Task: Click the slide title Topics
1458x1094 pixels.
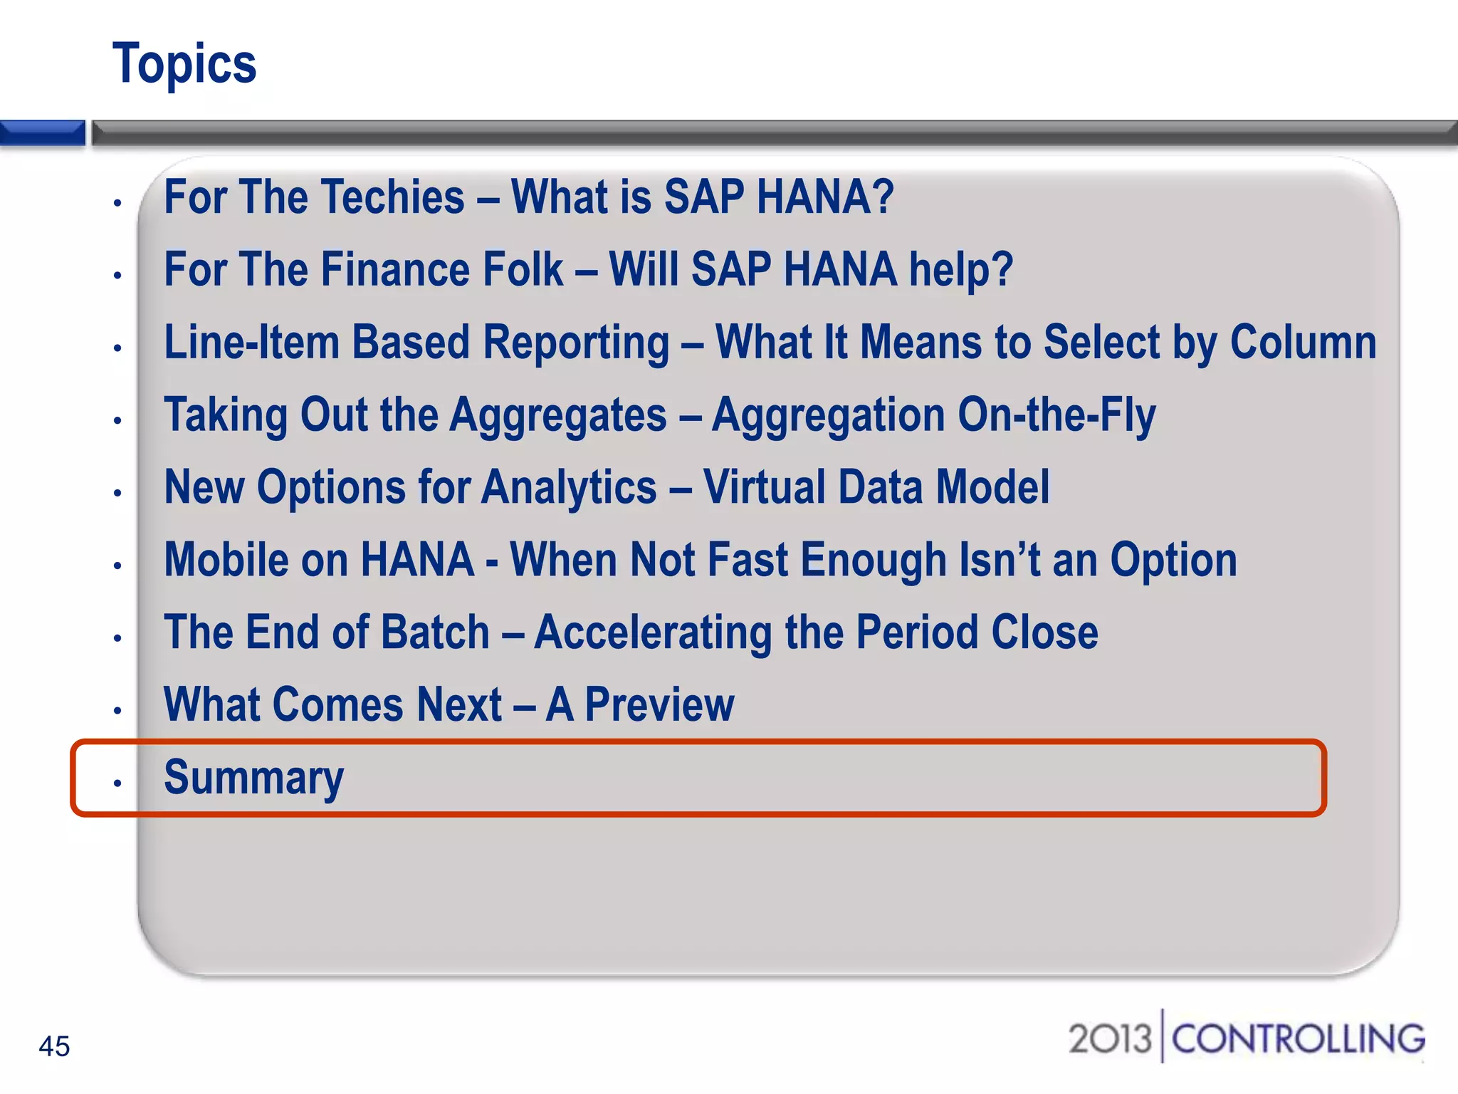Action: pos(184,64)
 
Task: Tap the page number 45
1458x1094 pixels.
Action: pos(54,1046)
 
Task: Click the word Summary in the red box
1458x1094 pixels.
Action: pos(253,777)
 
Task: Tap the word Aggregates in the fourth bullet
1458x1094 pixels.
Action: pos(558,415)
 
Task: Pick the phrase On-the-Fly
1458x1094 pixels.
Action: pos(1056,415)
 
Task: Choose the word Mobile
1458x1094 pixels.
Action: pos(226,561)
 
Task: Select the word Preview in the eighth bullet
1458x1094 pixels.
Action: pos(659,705)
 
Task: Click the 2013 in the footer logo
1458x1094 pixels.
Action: pos(1110,1038)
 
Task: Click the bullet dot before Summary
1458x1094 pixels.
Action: pos(117,783)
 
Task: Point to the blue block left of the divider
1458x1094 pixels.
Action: pos(42,132)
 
